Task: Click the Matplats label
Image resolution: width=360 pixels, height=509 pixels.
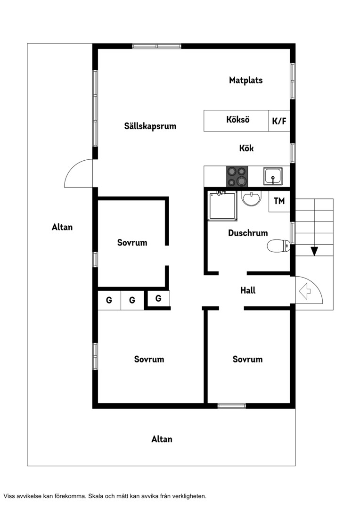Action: [246, 80]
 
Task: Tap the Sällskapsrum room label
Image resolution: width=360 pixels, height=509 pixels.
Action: [150, 126]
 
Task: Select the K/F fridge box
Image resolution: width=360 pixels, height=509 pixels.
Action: [279, 121]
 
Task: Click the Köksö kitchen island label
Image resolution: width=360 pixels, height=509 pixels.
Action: [238, 119]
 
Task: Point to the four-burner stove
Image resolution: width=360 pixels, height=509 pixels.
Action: [237, 177]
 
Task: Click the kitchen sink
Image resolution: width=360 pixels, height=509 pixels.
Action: [273, 176]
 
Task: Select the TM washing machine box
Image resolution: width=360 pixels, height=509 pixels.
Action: [279, 201]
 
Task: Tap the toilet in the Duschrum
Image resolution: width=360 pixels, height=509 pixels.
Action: [278, 246]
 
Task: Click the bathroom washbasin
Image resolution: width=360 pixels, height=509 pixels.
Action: [251, 198]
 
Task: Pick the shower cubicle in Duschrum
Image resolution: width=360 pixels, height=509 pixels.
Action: [223, 205]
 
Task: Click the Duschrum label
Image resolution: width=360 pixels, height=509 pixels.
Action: [248, 233]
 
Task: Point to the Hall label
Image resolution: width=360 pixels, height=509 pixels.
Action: [248, 290]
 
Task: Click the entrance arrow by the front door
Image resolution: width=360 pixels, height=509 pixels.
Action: [304, 291]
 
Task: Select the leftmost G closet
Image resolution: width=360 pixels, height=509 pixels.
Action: [109, 300]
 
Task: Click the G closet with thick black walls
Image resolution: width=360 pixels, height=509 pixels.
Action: [158, 298]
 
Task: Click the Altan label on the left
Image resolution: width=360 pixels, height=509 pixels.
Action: [62, 227]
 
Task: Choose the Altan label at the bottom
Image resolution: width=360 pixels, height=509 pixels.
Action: [162, 439]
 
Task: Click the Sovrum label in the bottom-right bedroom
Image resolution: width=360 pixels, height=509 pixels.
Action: [248, 359]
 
